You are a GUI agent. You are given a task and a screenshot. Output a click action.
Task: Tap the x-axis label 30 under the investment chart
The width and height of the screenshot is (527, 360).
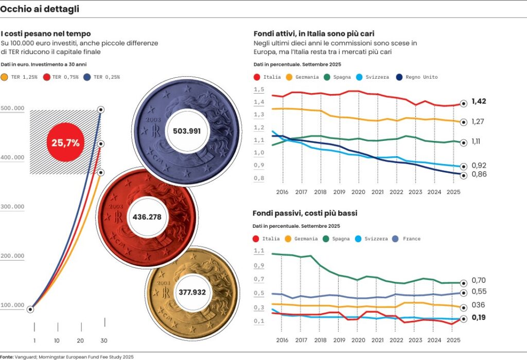click(104, 340)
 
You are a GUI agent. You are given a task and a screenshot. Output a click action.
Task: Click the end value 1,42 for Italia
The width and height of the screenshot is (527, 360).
click(479, 101)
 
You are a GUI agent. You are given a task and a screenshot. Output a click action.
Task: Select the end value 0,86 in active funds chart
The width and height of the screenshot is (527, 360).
click(479, 174)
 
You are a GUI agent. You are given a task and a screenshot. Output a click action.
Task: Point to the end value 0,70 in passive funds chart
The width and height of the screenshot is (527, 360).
click(479, 280)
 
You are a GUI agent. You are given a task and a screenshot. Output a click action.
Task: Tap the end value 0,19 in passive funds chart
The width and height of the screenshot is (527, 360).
click(479, 318)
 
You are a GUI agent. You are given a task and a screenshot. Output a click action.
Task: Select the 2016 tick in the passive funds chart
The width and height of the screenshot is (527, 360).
click(282, 340)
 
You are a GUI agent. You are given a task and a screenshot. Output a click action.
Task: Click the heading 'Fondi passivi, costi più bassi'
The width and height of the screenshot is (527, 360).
click(305, 213)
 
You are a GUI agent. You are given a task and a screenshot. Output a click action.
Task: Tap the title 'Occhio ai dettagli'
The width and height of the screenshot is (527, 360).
click(40, 9)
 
